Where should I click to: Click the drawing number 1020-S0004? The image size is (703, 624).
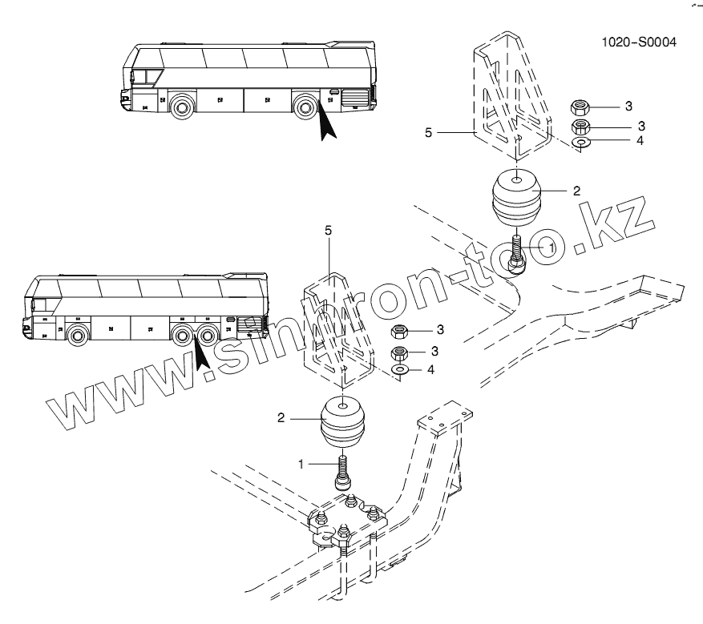click(638, 42)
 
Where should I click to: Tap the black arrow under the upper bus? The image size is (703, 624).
click(327, 123)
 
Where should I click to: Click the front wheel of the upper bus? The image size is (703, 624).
click(182, 107)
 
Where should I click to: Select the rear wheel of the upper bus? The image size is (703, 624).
click(305, 107)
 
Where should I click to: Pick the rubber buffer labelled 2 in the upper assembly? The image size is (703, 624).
click(516, 196)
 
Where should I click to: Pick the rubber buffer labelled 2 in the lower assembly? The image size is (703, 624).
click(343, 421)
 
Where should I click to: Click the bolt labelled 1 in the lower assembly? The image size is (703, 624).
click(343, 472)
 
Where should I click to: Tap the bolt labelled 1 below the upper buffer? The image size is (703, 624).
click(517, 254)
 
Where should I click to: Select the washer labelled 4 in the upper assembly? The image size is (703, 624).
click(581, 143)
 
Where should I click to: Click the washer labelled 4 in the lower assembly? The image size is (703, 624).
click(398, 369)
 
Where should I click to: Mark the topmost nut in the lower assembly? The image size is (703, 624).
click(398, 332)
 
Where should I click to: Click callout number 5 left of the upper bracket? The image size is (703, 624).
click(428, 133)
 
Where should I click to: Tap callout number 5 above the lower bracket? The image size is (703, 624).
click(328, 230)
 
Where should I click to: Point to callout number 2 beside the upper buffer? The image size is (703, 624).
click(576, 191)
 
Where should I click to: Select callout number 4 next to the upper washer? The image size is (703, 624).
click(640, 140)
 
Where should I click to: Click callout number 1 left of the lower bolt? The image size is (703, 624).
click(301, 464)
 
